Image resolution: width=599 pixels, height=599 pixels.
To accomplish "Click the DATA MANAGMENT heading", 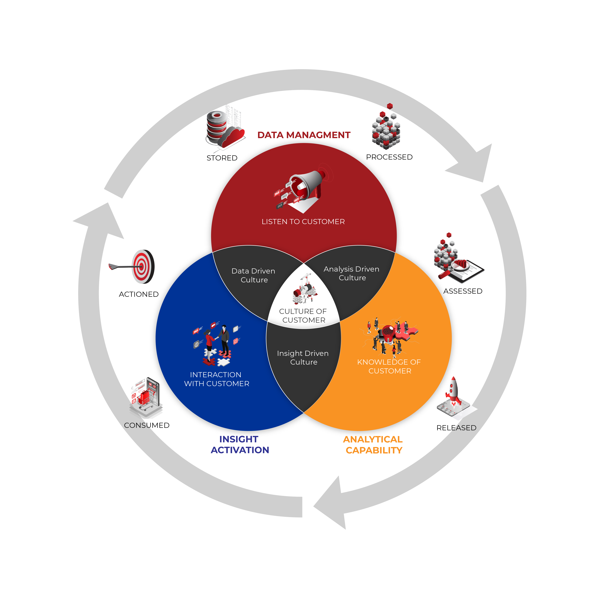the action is pyautogui.click(x=304, y=135).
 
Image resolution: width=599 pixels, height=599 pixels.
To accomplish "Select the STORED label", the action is pyautogui.click(x=222, y=158).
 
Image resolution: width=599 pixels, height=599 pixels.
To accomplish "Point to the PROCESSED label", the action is pyautogui.click(x=389, y=157).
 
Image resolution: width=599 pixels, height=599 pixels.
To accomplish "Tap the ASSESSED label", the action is pyautogui.click(x=463, y=291).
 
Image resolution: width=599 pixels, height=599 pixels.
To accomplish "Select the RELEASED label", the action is pyautogui.click(x=456, y=428).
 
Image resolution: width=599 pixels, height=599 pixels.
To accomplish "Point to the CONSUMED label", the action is pyautogui.click(x=147, y=425).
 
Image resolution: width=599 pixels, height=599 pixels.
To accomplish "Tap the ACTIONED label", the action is pyautogui.click(x=139, y=294).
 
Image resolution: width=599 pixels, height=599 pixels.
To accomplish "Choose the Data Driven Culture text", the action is pyautogui.click(x=254, y=275).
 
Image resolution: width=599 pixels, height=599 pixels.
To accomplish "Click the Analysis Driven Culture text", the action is pyautogui.click(x=352, y=273).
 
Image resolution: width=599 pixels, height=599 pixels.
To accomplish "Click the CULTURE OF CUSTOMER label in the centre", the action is pyautogui.click(x=303, y=316).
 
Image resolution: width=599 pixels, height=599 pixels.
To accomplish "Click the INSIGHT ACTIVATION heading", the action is pyautogui.click(x=240, y=445).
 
